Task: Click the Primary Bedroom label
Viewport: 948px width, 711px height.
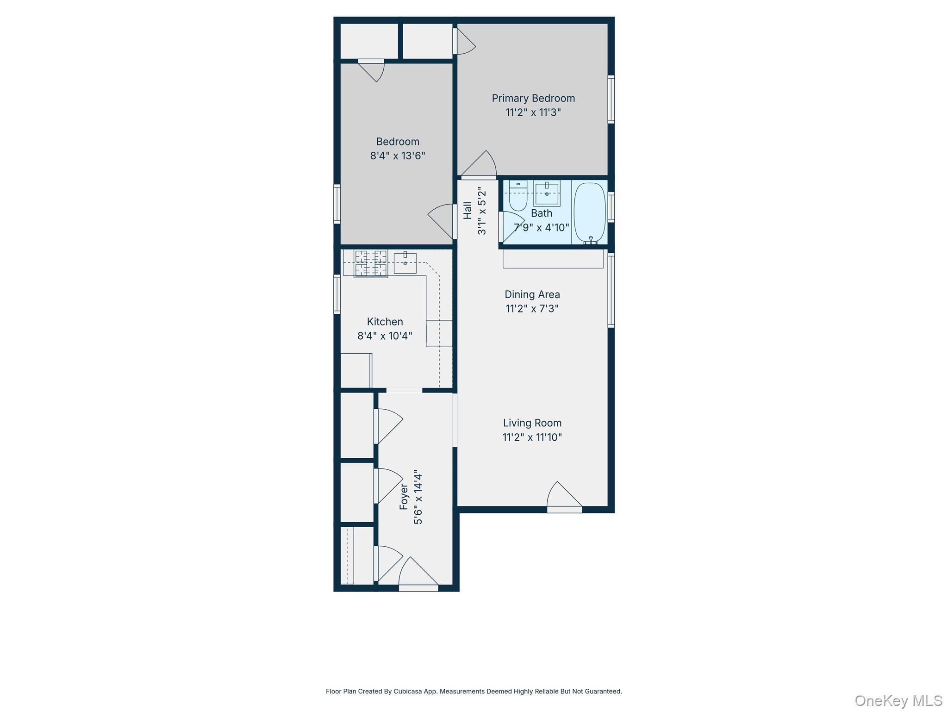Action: click(x=533, y=98)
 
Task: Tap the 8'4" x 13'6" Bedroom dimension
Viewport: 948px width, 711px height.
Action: click(x=397, y=156)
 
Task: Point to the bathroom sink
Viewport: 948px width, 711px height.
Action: click(x=547, y=193)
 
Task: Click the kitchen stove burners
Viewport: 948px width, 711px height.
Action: click(x=371, y=264)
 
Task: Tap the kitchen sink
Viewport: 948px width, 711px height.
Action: click(x=405, y=263)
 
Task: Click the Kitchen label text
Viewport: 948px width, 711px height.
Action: click(x=385, y=322)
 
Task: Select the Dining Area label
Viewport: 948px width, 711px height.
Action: click(x=532, y=294)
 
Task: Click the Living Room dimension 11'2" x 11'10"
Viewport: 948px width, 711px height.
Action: click(x=532, y=437)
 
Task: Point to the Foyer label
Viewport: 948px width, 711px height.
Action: click(x=404, y=497)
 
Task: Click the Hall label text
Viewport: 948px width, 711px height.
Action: click(x=468, y=211)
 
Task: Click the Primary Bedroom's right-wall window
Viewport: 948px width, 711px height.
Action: click(x=611, y=100)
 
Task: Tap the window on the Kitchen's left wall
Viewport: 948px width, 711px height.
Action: click(x=337, y=294)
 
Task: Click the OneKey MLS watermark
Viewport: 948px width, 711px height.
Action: click(x=898, y=700)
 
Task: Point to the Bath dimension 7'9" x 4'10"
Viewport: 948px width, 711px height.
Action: click(x=541, y=227)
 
